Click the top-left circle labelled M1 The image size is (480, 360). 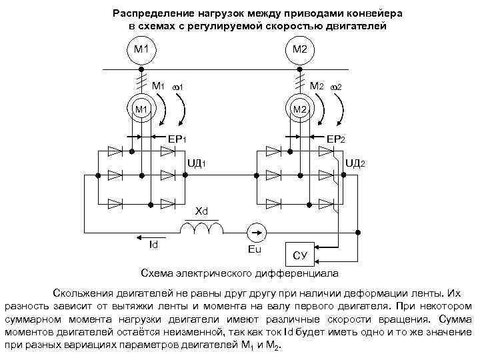point(141,49)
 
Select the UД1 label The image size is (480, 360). point(199,163)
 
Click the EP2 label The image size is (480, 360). point(336,139)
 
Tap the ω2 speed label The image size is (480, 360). point(336,87)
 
